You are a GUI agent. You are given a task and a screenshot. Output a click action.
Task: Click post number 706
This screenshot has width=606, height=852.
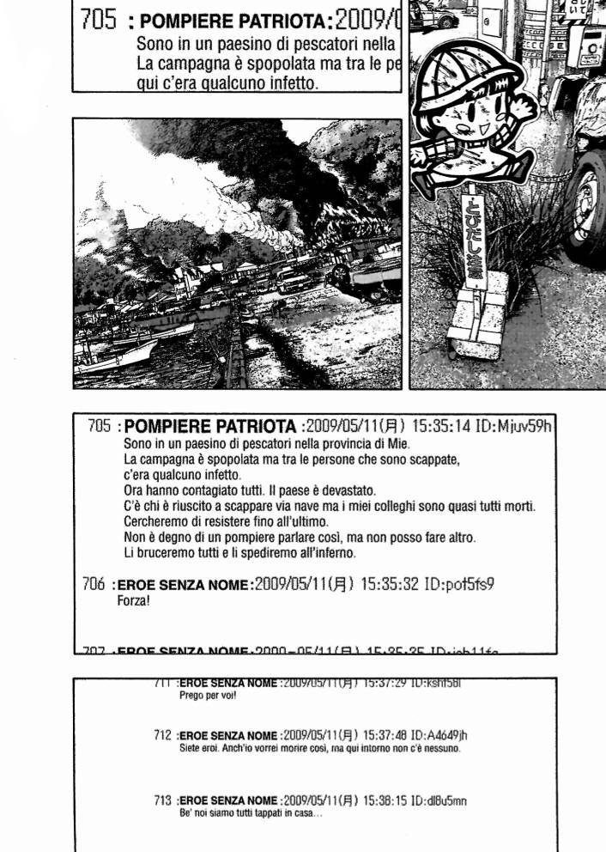point(94,584)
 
